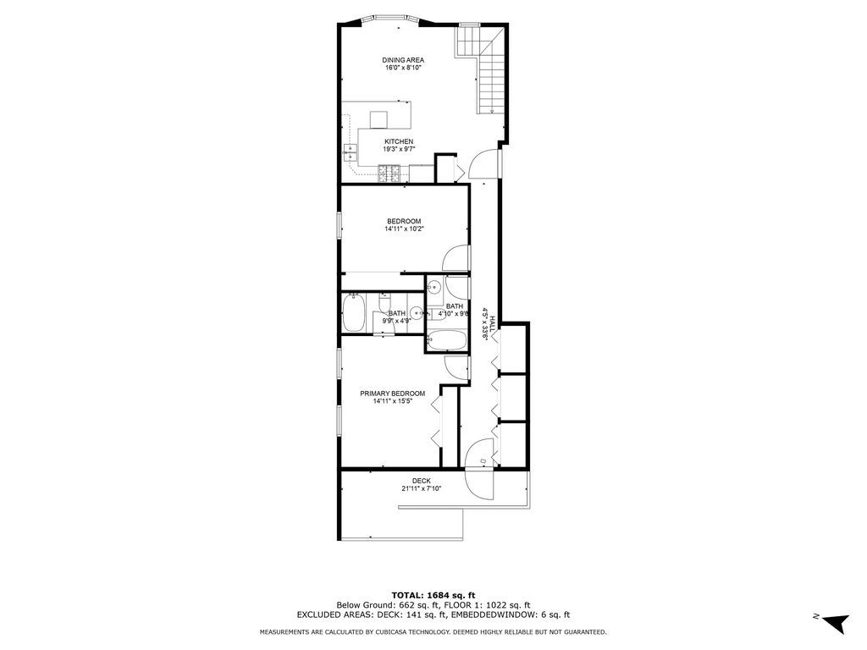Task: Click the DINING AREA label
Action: [x=402, y=60]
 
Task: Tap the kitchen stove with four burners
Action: [x=389, y=174]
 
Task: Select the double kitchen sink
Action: [x=350, y=152]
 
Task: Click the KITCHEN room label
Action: [x=399, y=141]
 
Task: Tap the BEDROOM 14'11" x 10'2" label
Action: [x=403, y=224]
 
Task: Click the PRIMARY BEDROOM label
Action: [x=392, y=394]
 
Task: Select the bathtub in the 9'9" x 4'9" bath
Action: [x=353, y=313]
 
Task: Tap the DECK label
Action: [x=421, y=481]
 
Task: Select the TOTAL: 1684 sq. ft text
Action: [x=433, y=595]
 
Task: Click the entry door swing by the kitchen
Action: [x=483, y=164]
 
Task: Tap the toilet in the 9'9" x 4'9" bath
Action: [x=385, y=304]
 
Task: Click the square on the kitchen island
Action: [x=378, y=118]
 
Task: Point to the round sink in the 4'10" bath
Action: [x=434, y=289]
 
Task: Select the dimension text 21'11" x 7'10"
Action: [x=421, y=489]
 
